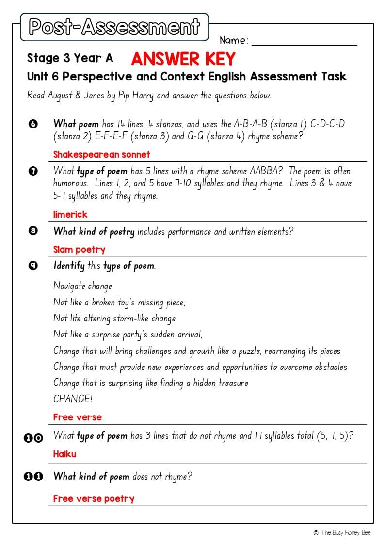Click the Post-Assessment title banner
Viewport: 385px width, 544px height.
point(114,27)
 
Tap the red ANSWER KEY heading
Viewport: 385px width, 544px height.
point(183,59)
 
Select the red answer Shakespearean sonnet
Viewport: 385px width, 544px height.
point(101,155)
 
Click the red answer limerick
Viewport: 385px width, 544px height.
point(70,214)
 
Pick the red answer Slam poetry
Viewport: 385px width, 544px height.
point(79,250)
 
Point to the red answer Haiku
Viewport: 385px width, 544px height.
point(64,454)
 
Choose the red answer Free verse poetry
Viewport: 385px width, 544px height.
point(94,498)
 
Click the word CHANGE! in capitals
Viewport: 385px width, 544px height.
point(73,399)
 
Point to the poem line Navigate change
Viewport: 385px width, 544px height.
point(82,286)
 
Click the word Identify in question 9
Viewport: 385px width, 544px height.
point(69,266)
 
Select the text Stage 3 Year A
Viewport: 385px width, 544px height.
point(70,58)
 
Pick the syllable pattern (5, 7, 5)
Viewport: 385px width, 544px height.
point(335,436)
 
